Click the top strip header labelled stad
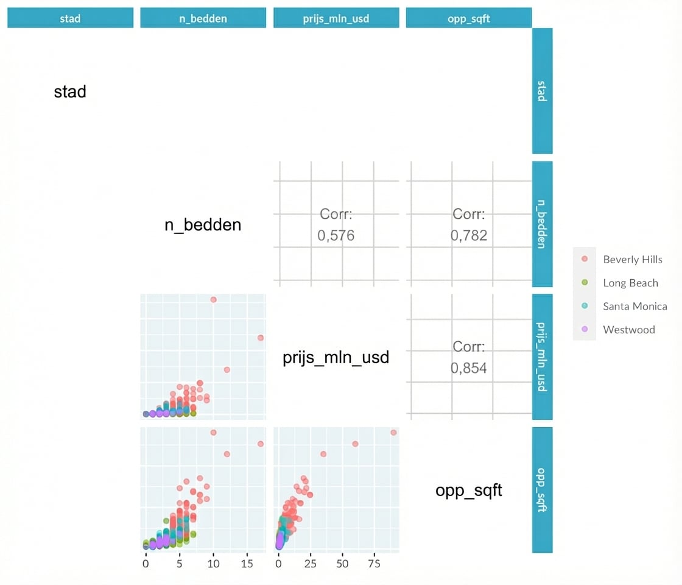click(x=70, y=18)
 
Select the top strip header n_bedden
click(x=203, y=18)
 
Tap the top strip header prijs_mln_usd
click(x=336, y=18)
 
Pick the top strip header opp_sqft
click(x=468, y=18)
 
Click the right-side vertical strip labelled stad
click(x=542, y=91)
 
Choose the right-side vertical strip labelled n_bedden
click(x=542, y=224)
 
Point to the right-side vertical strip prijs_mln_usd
click(x=542, y=356)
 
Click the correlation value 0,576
click(x=336, y=236)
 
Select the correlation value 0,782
click(x=469, y=236)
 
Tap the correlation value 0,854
click(x=469, y=368)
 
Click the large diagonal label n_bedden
click(x=203, y=225)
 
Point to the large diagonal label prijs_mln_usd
click(x=336, y=357)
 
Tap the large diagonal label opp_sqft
click(x=468, y=491)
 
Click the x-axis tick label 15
click(x=247, y=564)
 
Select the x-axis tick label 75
click(x=373, y=564)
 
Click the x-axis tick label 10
click(x=213, y=564)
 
